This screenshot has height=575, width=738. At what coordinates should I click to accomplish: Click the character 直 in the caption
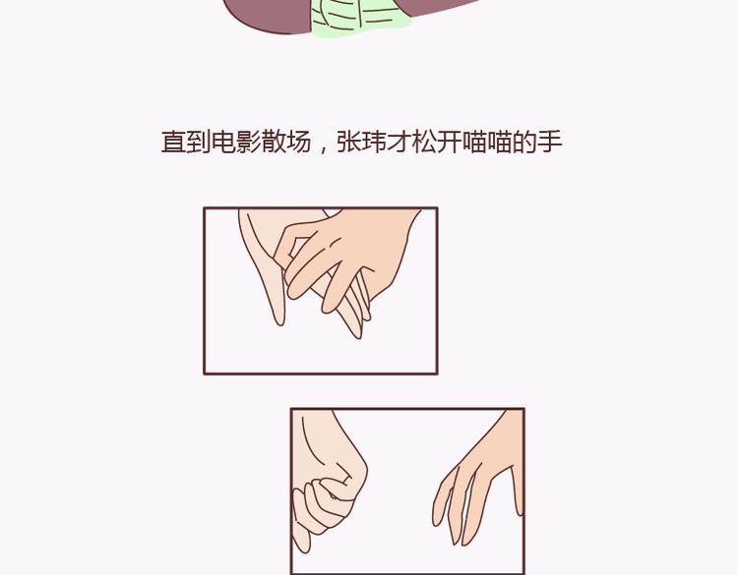(x=173, y=142)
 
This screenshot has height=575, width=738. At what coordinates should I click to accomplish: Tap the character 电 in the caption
(x=223, y=142)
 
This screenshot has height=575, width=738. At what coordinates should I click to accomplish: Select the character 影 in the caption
(x=249, y=142)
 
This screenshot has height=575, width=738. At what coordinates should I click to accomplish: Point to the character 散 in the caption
(x=274, y=142)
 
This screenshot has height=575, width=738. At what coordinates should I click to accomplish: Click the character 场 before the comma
(x=299, y=142)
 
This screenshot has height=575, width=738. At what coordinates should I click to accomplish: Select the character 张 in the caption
(x=349, y=142)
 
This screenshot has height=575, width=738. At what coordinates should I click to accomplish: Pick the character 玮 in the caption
(x=374, y=142)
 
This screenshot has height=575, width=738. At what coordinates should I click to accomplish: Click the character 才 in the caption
(x=400, y=142)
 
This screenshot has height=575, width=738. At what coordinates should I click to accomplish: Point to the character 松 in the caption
(x=424, y=142)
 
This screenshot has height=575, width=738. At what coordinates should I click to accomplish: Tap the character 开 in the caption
(x=450, y=142)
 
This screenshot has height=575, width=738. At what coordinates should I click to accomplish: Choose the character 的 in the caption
(x=524, y=142)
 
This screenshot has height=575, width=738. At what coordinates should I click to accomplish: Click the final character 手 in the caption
(x=550, y=142)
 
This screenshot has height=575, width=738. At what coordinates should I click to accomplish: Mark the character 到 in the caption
(x=199, y=142)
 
